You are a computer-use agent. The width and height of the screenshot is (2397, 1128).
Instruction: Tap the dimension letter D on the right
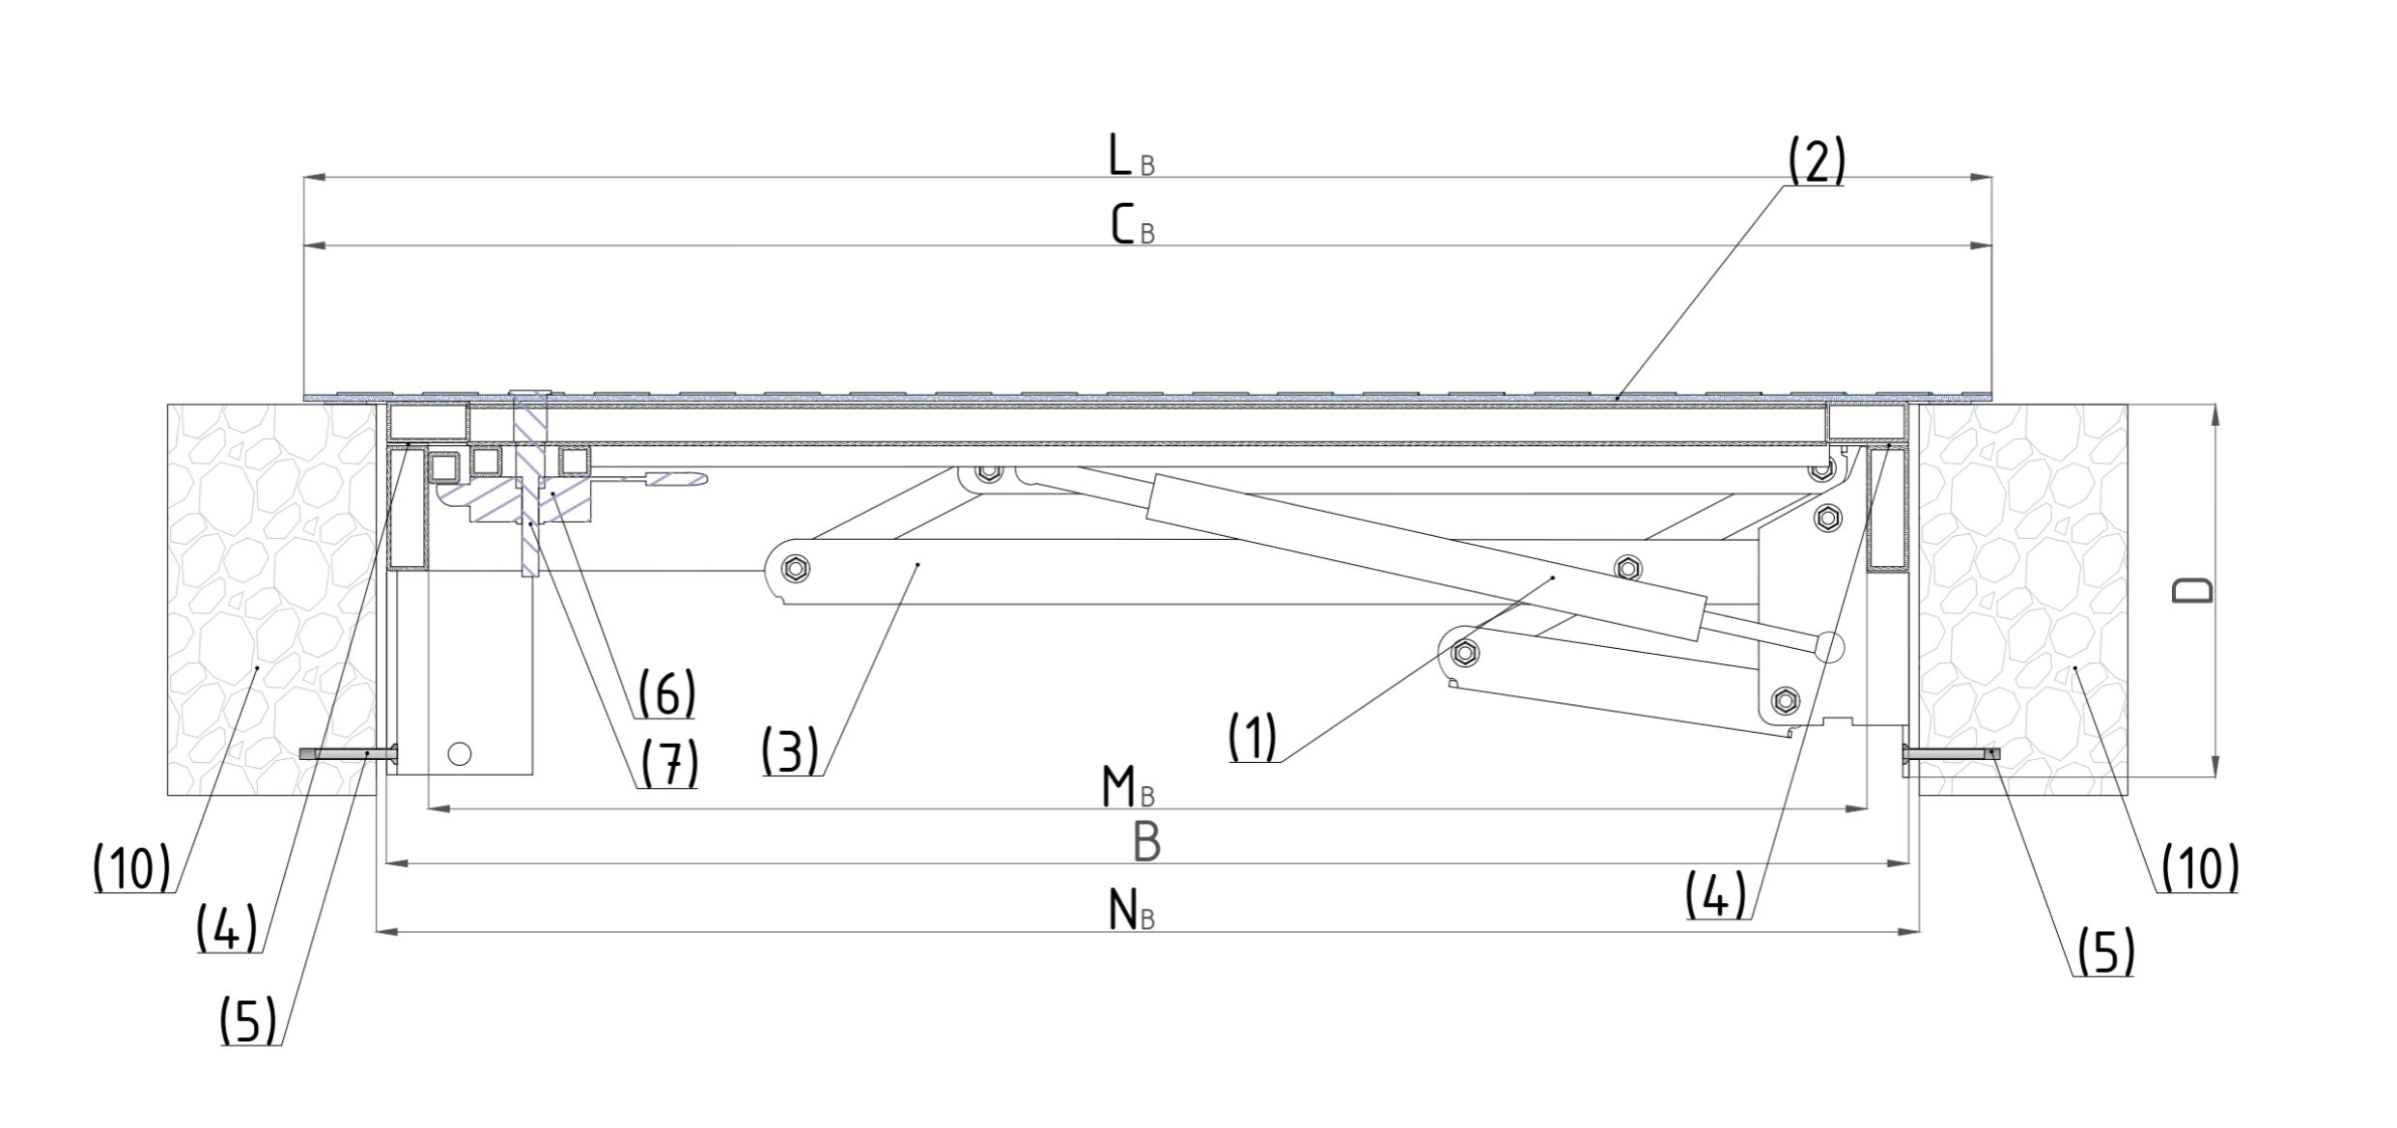click(2191, 590)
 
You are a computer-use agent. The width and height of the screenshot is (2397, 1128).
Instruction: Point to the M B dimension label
click(1127, 788)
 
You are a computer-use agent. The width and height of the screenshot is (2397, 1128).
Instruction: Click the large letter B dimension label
click(1146, 842)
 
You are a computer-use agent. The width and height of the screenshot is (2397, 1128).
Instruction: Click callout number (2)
click(1816, 161)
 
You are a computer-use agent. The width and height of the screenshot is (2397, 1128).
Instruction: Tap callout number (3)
click(789, 751)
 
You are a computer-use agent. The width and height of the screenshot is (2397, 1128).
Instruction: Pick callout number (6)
click(666, 693)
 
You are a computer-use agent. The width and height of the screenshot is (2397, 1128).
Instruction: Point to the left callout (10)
click(131, 868)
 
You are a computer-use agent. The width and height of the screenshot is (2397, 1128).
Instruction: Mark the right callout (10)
click(2199, 867)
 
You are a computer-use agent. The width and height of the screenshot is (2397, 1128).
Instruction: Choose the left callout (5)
click(248, 1021)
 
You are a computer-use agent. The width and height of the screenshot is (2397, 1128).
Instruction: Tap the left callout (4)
click(226, 928)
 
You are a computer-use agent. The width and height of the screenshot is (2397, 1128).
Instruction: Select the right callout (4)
click(1716, 894)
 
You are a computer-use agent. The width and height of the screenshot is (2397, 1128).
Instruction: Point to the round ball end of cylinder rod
click(1829, 646)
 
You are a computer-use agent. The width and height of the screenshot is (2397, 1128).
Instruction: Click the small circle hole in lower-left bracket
click(460, 753)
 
